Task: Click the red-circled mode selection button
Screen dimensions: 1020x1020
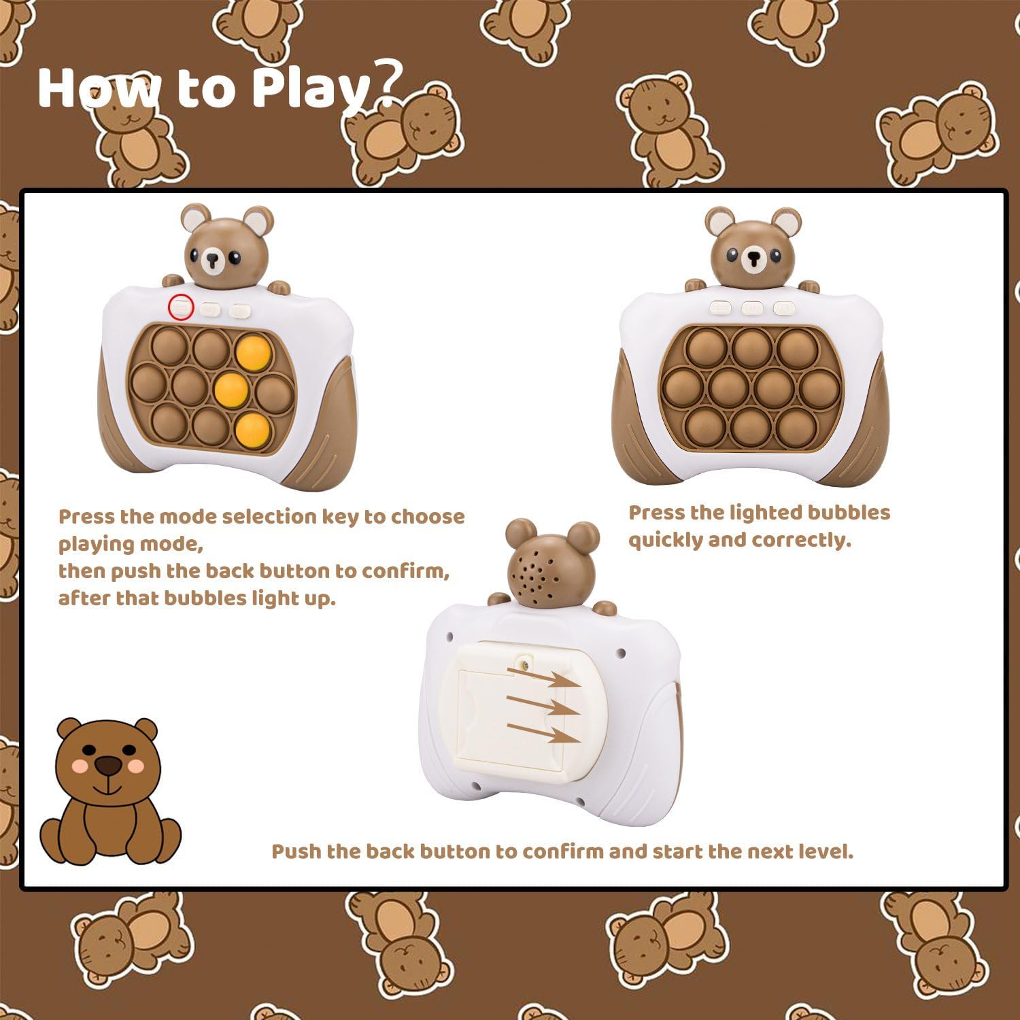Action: click(x=182, y=307)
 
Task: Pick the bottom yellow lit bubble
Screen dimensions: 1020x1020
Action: click(x=252, y=427)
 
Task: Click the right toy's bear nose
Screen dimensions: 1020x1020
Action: click(x=753, y=258)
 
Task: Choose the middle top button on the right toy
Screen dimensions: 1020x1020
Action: click(x=752, y=308)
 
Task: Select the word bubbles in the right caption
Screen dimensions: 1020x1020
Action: click(x=847, y=512)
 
